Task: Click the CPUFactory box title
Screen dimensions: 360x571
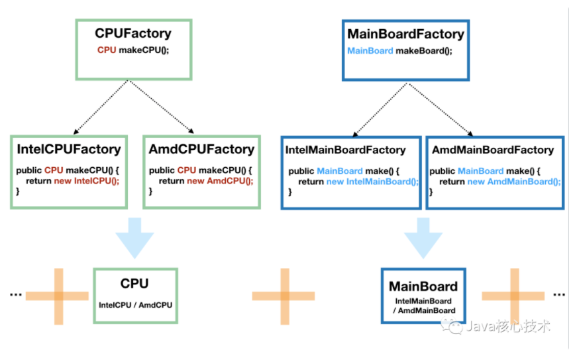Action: click(133, 33)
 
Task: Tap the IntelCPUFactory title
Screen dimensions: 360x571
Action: click(69, 149)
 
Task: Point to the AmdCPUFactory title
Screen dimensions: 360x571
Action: click(201, 149)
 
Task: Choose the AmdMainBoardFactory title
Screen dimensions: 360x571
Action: click(493, 150)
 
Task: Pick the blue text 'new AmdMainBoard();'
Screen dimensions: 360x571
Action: click(514, 182)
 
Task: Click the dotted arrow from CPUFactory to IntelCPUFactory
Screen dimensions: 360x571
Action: click(99, 107)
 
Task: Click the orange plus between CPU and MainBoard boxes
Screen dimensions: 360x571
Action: click(284, 296)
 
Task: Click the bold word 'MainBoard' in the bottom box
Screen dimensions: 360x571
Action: click(423, 287)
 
